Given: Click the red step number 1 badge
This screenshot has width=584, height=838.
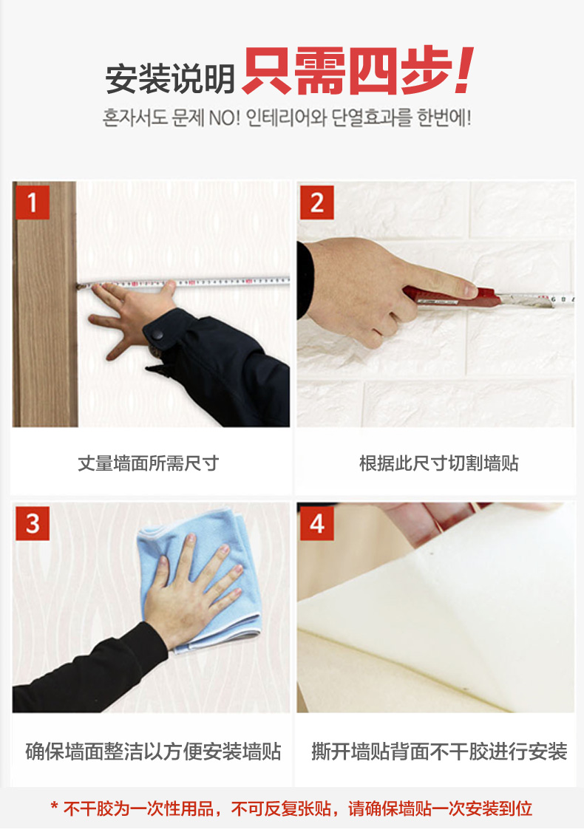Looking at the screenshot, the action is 33,202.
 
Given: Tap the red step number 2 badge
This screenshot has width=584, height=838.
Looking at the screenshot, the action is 317,202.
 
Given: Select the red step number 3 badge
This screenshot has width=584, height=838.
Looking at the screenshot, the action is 33,523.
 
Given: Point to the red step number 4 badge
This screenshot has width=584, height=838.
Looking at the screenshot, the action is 317,523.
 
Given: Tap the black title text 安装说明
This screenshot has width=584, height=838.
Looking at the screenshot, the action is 170,78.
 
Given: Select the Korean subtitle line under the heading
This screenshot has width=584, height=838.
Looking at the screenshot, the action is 287,117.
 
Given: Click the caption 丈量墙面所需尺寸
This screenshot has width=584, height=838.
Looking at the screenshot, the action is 148,463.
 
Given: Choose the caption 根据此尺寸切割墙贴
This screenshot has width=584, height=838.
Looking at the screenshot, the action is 438,463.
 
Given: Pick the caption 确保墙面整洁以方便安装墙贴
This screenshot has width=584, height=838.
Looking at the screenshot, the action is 154,751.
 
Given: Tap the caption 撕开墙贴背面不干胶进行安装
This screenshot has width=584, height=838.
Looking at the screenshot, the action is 439,751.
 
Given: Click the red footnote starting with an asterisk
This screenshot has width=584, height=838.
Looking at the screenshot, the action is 291,808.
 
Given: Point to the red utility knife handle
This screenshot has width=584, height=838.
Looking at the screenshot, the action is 452,296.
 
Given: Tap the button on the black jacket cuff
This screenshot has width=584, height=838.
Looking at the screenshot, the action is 157,335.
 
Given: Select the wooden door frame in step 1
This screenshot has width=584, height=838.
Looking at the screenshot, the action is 45,304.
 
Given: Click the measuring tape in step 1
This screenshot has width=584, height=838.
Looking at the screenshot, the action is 183,282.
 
